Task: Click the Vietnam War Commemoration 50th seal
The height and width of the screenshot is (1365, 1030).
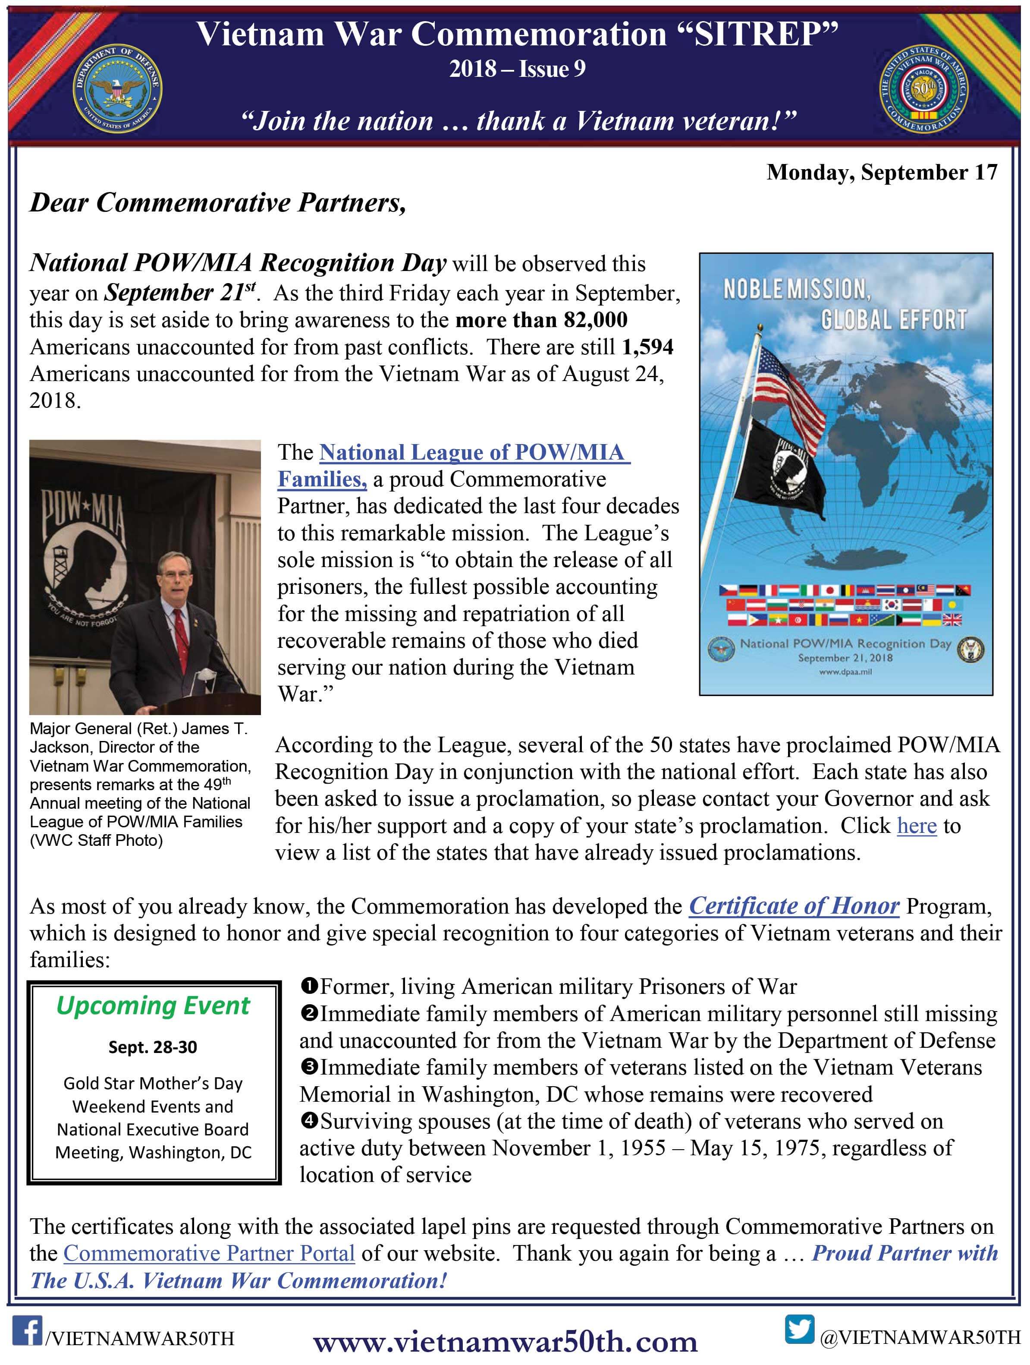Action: (923, 88)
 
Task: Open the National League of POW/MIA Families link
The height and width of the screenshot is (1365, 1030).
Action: (453, 466)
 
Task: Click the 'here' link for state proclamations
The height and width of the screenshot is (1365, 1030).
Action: (917, 826)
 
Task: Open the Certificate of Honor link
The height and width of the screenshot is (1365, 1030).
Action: (794, 906)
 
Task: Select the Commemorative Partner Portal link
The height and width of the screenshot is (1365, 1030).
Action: (209, 1253)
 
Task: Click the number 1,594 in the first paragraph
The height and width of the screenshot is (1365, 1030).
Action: (647, 347)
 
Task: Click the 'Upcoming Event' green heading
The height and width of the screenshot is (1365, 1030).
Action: (153, 1006)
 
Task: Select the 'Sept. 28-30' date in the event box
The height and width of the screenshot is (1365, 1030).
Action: (153, 1047)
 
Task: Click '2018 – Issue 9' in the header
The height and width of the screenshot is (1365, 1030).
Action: (517, 69)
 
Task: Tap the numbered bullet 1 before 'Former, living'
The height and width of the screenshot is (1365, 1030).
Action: (310, 986)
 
